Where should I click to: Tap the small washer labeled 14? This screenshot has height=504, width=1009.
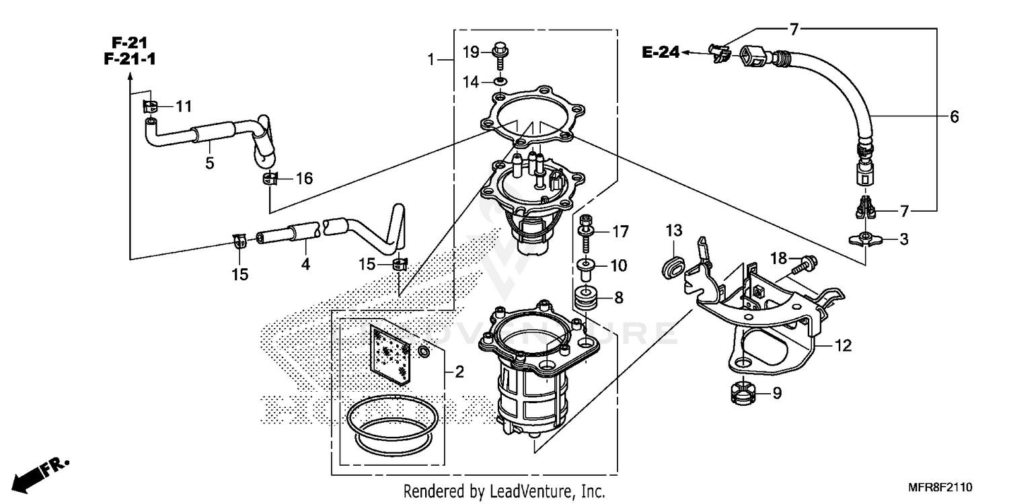[x=499, y=82]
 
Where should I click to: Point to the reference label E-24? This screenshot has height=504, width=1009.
[x=661, y=52]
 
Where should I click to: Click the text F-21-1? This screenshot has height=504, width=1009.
[x=130, y=60]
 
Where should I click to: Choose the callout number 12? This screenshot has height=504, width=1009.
[x=843, y=346]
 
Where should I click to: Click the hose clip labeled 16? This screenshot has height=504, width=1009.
[x=270, y=179]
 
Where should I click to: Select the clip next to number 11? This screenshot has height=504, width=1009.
[x=151, y=106]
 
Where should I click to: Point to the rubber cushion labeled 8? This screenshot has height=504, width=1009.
[x=585, y=296]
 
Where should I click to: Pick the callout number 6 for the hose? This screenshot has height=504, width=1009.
[x=954, y=117]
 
